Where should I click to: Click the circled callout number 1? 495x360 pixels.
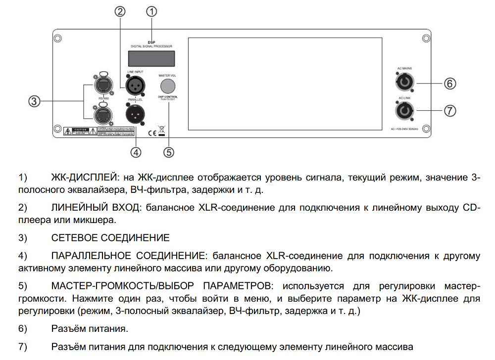pyautogui.click(x=152, y=10)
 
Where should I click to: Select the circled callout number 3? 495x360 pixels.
pyautogui.click(x=33, y=101)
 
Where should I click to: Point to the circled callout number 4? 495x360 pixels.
pyautogui.click(x=136, y=151)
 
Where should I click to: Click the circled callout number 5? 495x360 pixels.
pyautogui.click(x=169, y=152)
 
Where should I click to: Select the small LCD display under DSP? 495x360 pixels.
pyautogui.click(x=151, y=59)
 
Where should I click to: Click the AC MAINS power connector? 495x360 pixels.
pyautogui.click(x=404, y=82)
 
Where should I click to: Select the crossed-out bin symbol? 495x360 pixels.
pyautogui.click(x=162, y=131)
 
